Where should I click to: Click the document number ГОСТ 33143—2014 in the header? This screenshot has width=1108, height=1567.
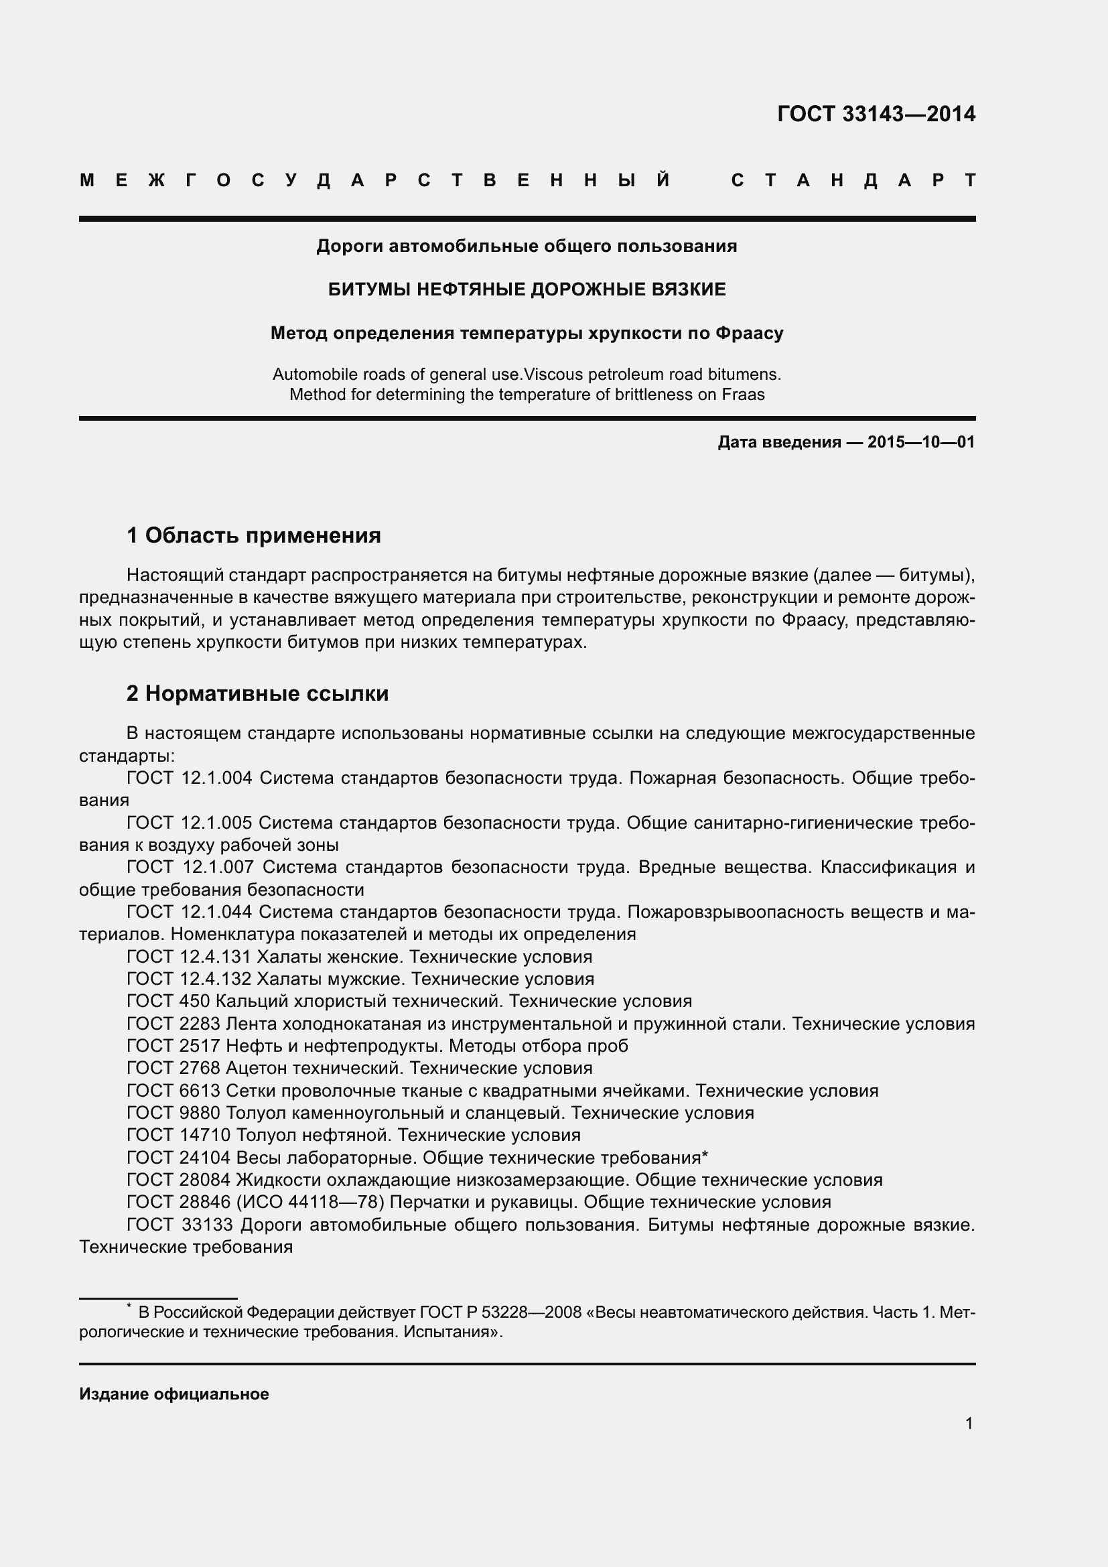point(876,114)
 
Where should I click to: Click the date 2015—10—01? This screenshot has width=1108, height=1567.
point(921,442)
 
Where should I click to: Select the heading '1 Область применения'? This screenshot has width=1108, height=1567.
point(254,535)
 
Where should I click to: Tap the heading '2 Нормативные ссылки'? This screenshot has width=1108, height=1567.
point(257,693)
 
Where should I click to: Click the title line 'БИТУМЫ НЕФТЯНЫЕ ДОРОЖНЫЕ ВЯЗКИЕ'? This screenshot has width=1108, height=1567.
point(527,289)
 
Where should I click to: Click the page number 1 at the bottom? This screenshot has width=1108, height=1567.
point(969,1423)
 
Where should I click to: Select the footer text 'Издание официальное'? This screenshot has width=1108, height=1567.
point(174,1393)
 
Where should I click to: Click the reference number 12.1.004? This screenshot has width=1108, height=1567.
point(217,777)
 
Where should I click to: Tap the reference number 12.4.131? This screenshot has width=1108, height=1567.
point(216,956)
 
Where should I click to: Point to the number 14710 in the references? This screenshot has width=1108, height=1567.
point(206,1134)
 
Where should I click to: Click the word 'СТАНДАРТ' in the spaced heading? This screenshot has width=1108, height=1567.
point(853,181)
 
